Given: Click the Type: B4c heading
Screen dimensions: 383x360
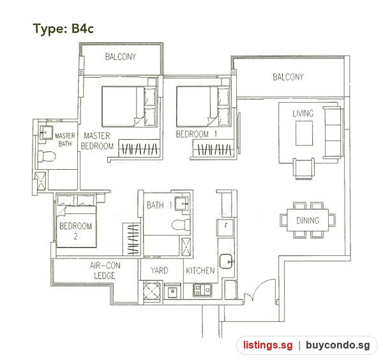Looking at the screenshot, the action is point(63,29).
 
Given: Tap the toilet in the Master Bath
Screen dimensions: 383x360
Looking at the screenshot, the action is point(47,156).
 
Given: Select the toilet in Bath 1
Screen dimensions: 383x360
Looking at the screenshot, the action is point(181,225).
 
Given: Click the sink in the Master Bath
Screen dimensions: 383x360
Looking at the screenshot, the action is point(47,132).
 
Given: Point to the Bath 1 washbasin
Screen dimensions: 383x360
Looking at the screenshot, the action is point(181,203).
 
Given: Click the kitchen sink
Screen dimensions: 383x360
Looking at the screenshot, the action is point(226,261).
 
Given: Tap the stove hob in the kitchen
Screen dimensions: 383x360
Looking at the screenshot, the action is point(202,290).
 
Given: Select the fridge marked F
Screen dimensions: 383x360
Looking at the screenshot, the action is point(225,227).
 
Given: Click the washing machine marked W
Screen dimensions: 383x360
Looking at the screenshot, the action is point(173,291).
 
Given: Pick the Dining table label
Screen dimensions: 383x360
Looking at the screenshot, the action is point(308,221).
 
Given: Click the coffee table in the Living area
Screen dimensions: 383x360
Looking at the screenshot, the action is point(304,133).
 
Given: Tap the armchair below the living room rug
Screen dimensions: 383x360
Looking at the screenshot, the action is point(304,169).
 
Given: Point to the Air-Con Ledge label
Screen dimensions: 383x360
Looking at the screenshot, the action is point(105,271).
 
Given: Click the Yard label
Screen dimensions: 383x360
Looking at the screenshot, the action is point(159,271).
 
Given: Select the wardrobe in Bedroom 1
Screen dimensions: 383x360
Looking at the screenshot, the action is point(213,149).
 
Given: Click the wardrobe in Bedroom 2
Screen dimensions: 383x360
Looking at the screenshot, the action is point(131,239).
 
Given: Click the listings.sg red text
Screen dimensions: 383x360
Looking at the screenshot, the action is point(267,345).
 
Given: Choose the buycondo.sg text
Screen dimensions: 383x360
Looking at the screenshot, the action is point(338,345).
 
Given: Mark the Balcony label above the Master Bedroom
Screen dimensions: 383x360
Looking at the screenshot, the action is point(121,57).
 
